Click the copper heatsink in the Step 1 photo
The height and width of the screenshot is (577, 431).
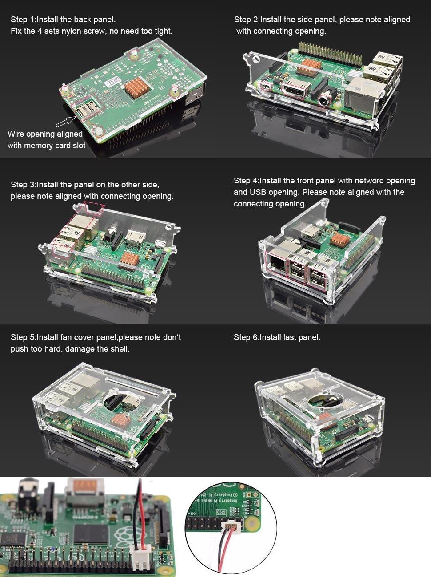point(137,87)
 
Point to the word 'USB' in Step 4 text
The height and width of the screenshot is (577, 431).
point(257,192)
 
